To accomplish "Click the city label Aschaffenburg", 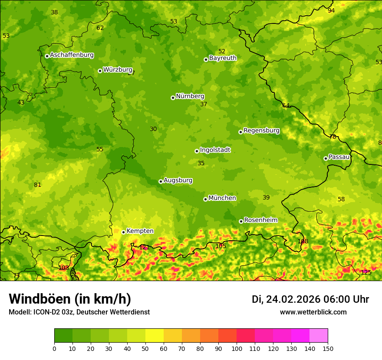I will (72, 55).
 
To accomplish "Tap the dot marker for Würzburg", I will (100, 71).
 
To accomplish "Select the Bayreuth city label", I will (223, 58).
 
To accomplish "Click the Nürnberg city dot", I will (173, 98).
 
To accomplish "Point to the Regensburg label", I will (261, 130).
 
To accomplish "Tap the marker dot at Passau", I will (326, 158).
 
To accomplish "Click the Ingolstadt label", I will (215, 150).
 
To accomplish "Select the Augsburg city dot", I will (161, 181).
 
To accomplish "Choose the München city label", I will (222, 198).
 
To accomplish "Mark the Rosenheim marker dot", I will (241, 221).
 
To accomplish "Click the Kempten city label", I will (140, 231).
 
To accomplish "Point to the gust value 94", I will (331, 10).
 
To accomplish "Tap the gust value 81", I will (38, 185).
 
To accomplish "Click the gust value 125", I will (366, 272).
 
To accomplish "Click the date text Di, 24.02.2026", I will (286, 299).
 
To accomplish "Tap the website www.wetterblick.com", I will (313, 312).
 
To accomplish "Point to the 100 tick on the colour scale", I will (237, 348).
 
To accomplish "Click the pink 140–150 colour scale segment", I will (319, 335).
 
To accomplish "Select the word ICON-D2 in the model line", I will (46, 312).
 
